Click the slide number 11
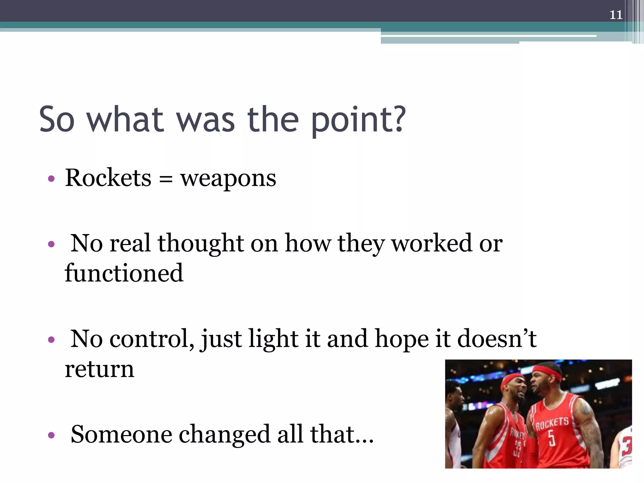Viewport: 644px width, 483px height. (616, 15)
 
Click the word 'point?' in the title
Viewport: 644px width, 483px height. (358, 120)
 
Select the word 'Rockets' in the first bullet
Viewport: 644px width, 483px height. (108, 178)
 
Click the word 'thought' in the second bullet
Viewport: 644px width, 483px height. (201, 243)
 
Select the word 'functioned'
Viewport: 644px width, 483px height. (124, 273)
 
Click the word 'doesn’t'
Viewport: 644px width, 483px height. (497, 339)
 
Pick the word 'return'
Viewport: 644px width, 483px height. (99, 369)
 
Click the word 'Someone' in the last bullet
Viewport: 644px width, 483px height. (121, 434)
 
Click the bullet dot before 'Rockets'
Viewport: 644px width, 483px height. (51, 179)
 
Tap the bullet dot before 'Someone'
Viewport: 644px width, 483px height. (51, 436)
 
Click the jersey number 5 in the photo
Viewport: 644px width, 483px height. (552, 438)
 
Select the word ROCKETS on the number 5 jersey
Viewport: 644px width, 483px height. (552, 423)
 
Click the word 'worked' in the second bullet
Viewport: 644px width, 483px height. (432, 243)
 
